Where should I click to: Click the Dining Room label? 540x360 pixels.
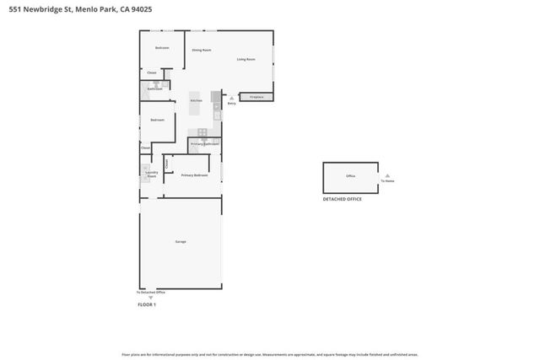tap(201, 51)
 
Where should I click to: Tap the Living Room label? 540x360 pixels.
tap(246, 59)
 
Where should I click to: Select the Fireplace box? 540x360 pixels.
tap(256, 98)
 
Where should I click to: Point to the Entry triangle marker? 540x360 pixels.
tap(231, 99)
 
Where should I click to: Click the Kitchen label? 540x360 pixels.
tap(196, 100)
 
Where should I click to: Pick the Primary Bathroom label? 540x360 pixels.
tap(204, 144)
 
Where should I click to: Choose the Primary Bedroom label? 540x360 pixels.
tap(194, 175)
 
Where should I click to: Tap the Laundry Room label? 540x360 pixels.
tap(151, 175)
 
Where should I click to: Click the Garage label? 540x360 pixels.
tap(180, 242)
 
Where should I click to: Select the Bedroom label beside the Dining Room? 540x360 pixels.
tap(162, 48)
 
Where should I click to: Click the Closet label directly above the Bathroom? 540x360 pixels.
tap(152, 73)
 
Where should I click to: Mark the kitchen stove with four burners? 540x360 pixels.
tap(202, 132)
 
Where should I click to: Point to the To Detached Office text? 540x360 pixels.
tap(151, 292)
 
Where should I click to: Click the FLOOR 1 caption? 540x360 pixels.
tap(147, 304)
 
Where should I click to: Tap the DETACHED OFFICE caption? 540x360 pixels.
tap(343, 200)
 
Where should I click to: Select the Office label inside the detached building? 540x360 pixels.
tap(350, 176)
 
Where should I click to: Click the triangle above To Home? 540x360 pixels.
tap(386, 175)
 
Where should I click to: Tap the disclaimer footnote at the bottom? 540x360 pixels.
tap(269, 355)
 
